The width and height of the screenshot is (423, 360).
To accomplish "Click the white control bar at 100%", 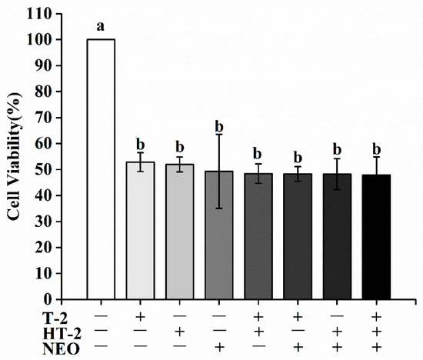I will tap(101, 169).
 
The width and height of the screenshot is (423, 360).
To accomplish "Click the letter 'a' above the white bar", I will tap(101, 26).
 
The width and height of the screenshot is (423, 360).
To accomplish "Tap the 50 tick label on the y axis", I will tap(47, 169).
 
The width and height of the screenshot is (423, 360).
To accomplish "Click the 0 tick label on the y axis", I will tap(51, 299).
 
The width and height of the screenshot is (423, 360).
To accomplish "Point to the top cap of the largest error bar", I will tap(219, 135).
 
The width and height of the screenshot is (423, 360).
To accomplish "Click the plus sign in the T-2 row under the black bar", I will tap(376, 316).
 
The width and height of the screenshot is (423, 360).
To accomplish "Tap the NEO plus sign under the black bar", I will tap(376, 348).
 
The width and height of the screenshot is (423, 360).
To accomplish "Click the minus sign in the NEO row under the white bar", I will tap(101, 348).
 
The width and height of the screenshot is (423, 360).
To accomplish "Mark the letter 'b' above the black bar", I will tap(376, 148).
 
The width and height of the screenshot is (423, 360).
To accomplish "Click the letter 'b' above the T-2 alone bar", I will tap(141, 144).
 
